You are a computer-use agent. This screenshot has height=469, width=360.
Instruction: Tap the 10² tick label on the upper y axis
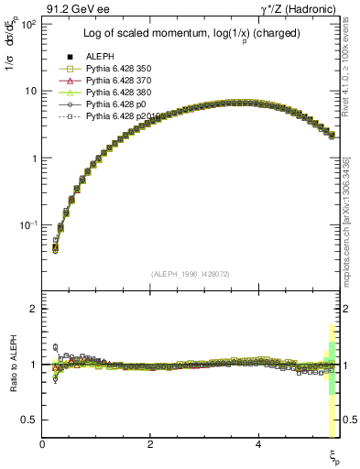(x=27, y=25)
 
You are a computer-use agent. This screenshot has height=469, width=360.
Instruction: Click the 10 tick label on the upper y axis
(x=30, y=92)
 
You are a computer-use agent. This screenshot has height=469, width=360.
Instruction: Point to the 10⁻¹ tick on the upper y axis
(x=27, y=225)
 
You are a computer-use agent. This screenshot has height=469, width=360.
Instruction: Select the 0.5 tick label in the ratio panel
(x=29, y=420)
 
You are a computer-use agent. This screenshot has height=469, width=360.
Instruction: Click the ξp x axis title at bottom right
(x=334, y=455)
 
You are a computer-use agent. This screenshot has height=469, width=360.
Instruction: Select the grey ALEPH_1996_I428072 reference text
(x=191, y=274)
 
